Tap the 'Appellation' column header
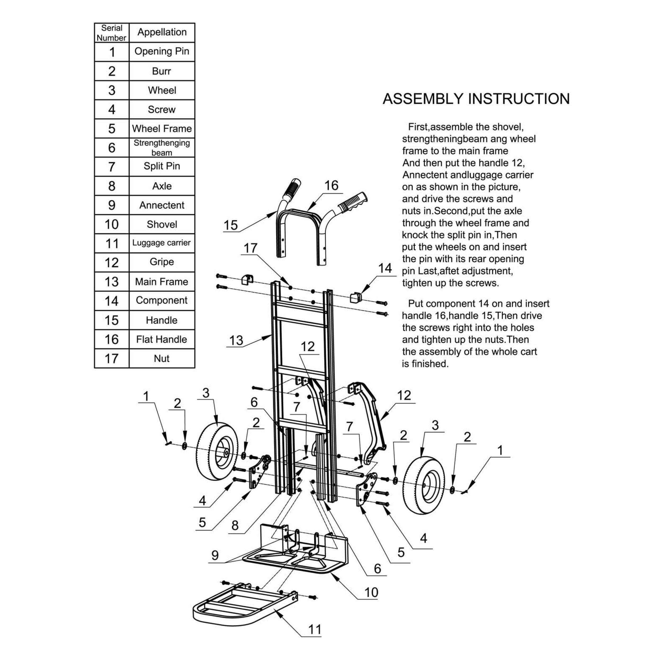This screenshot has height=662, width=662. point(162,32)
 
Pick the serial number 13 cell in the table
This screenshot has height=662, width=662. point(111,282)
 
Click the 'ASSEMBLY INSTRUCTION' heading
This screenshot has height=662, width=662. point(476,99)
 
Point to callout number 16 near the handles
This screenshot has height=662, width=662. point(331,186)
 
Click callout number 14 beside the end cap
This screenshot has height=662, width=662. point(385,268)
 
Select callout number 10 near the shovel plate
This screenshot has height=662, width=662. point(371,592)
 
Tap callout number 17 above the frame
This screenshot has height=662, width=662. point(250,248)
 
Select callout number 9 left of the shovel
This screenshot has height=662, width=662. point(215,555)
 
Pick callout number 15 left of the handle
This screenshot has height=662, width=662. point(230,225)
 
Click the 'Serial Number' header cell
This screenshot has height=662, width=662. point(111,33)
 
